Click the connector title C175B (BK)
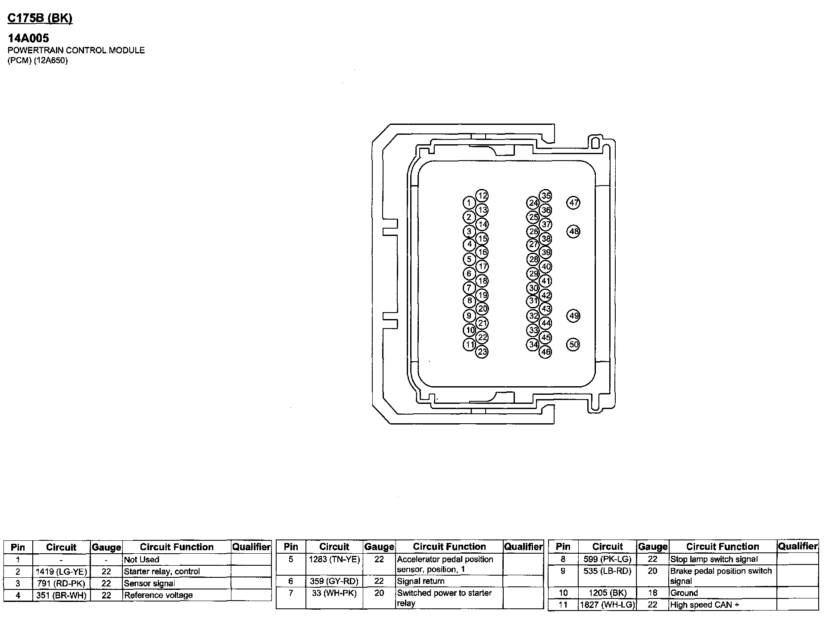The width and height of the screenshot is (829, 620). pyautogui.click(x=40, y=19)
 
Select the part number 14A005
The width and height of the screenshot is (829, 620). pyautogui.click(x=28, y=38)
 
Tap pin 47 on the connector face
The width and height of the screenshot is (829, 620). pyautogui.click(x=573, y=203)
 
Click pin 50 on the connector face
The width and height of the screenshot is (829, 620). pyautogui.click(x=573, y=344)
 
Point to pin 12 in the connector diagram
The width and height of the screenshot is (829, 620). pyautogui.click(x=482, y=196)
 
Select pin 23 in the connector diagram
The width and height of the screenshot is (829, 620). pyautogui.click(x=482, y=352)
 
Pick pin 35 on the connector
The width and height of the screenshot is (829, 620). pyautogui.click(x=545, y=196)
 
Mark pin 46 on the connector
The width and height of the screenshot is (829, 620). pyautogui.click(x=545, y=352)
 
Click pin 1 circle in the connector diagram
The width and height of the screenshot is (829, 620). pyautogui.click(x=469, y=203)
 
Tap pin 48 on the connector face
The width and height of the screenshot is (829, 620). pyautogui.click(x=573, y=232)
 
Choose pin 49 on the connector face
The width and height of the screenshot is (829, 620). pyautogui.click(x=573, y=316)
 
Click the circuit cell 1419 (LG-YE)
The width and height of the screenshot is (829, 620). pyautogui.click(x=61, y=572)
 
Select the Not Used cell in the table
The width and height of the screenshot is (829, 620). pyautogui.click(x=141, y=560)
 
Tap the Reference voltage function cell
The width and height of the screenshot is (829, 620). pyautogui.click(x=158, y=595)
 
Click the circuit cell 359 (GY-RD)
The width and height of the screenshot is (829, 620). pyautogui.click(x=334, y=581)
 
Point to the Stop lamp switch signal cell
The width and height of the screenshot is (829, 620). pyautogui.click(x=714, y=559)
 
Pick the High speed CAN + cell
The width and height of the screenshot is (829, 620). pyautogui.click(x=704, y=605)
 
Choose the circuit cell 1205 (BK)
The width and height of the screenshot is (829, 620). pyautogui.click(x=608, y=593)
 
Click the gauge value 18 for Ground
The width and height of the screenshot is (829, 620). pyautogui.click(x=653, y=593)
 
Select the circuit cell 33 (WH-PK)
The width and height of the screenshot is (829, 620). pyautogui.click(x=334, y=593)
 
